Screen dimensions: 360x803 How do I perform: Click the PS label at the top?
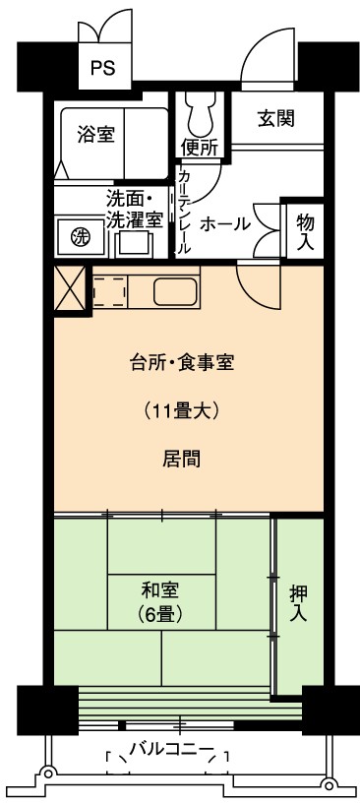tap(103, 68)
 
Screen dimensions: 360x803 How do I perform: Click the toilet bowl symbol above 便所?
tap(202, 114)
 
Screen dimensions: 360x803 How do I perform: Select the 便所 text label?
tap(200, 148)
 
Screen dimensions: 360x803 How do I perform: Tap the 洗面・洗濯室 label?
tap(135, 209)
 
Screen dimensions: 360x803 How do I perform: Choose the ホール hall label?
tap(225, 223)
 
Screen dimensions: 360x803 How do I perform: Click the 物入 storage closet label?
tap(305, 231)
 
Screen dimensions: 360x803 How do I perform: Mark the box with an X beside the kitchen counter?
tap(70, 288)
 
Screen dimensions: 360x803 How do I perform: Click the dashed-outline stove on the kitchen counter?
tap(109, 292)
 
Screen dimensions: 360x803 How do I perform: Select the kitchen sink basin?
tap(176, 292)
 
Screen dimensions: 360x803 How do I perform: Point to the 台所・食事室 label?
tap(181, 363)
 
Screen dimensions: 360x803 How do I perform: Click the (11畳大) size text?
tap(181, 410)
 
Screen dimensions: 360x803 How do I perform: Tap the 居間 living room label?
tap(181, 459)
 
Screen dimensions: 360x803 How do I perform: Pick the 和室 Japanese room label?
tap(160, 590)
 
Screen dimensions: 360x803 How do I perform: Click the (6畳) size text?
tap(161, 613)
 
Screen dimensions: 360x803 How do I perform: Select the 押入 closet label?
tap(299, 603)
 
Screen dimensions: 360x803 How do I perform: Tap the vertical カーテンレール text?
tap(183, 212)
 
